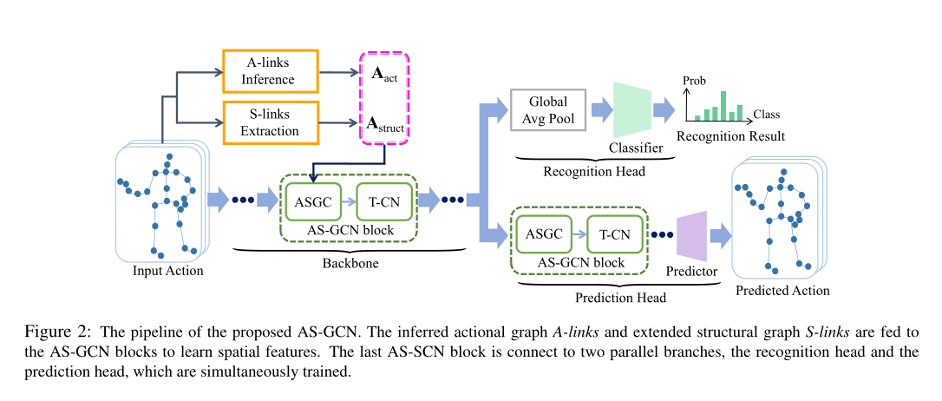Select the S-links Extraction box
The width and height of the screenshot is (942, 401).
pyautogui.click(x=270, y=122)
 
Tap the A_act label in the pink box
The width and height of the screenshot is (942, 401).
pyautogui.click(x=385, y=75)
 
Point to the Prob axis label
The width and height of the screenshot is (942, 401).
pyautogui.click(x=694, y=79)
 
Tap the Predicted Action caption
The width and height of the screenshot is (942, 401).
pyautogui.click(x=782, y=291)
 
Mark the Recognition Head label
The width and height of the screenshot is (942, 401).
pyautogui.click(x=593, y=171)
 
